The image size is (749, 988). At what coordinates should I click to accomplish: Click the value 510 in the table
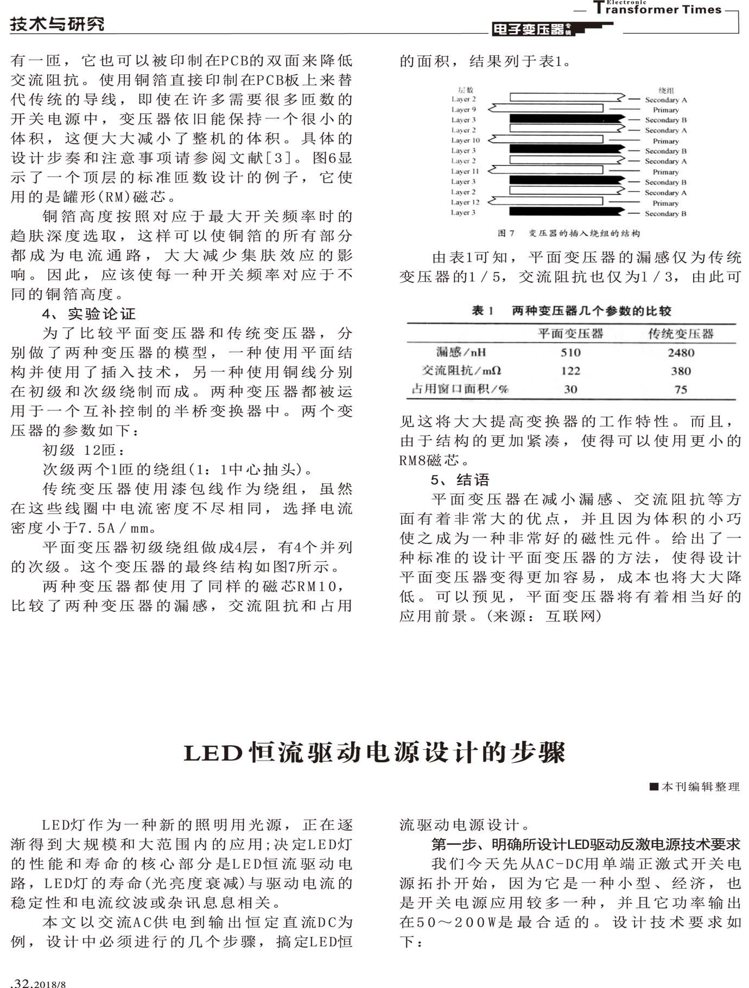(x=570, y=353)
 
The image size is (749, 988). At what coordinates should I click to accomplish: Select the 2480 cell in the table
(x=681, y=353)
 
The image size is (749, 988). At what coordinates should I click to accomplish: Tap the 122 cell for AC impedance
(x=570, y=371)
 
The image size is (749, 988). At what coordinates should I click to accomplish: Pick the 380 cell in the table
(x=681, y=371)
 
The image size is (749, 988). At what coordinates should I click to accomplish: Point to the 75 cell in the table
(x=681, y=390)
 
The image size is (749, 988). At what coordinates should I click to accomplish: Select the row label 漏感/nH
(x=461, y=352)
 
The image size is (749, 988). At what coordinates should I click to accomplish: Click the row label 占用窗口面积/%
(x=460, y=389)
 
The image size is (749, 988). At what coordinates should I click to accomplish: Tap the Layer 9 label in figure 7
(x=464, y=110)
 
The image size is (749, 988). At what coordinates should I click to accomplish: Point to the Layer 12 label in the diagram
(x=465, y=202)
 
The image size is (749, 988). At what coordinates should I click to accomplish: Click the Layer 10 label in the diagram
(x=465, y=141)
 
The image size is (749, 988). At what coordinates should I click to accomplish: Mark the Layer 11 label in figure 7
(x=465, y=172)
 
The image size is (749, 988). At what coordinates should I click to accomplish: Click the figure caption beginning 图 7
(x=568, y=233)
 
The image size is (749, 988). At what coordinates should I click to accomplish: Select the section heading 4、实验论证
(x=89, y=314)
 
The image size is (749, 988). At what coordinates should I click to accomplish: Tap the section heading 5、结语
(x=460, y=480)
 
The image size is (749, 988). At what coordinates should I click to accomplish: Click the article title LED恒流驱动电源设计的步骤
(x=374, y=753)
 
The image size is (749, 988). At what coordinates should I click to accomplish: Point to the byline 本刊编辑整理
(x=695, y=787)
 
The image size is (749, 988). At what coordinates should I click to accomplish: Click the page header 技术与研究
(x=57, y=24)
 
